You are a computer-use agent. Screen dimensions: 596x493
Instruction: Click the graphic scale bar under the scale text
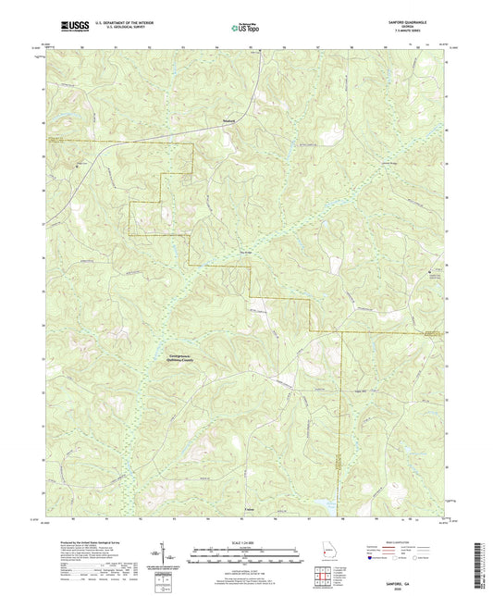point(246,557)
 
